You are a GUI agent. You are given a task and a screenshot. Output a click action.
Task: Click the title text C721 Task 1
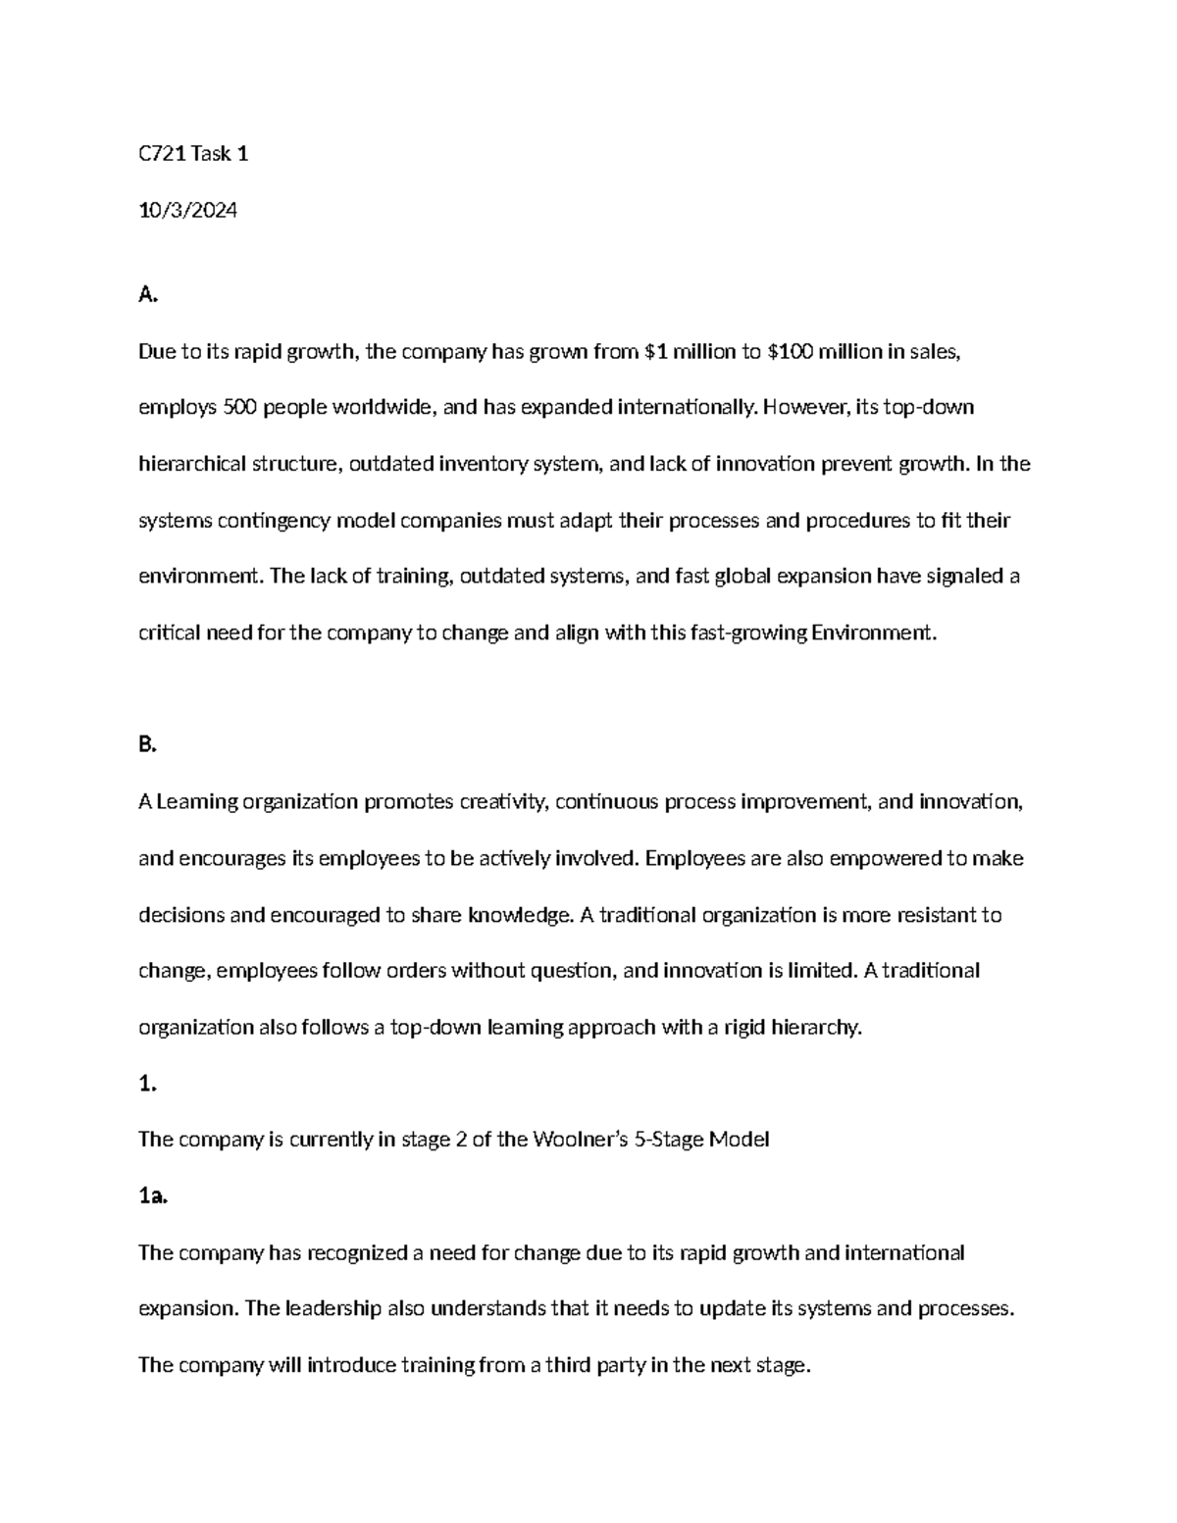click(193, 154)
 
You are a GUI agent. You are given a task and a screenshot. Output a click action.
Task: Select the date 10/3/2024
click(187, 210)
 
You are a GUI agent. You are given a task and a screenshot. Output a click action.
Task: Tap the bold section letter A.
click(147, 294)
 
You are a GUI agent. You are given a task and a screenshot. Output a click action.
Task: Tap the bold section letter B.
click(147, 745)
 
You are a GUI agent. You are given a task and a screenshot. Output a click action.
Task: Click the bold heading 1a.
click(153, 1195)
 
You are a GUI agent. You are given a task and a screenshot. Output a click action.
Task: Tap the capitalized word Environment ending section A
click(874, 633)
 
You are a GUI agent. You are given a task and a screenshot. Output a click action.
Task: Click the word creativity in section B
click(503, 802)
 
